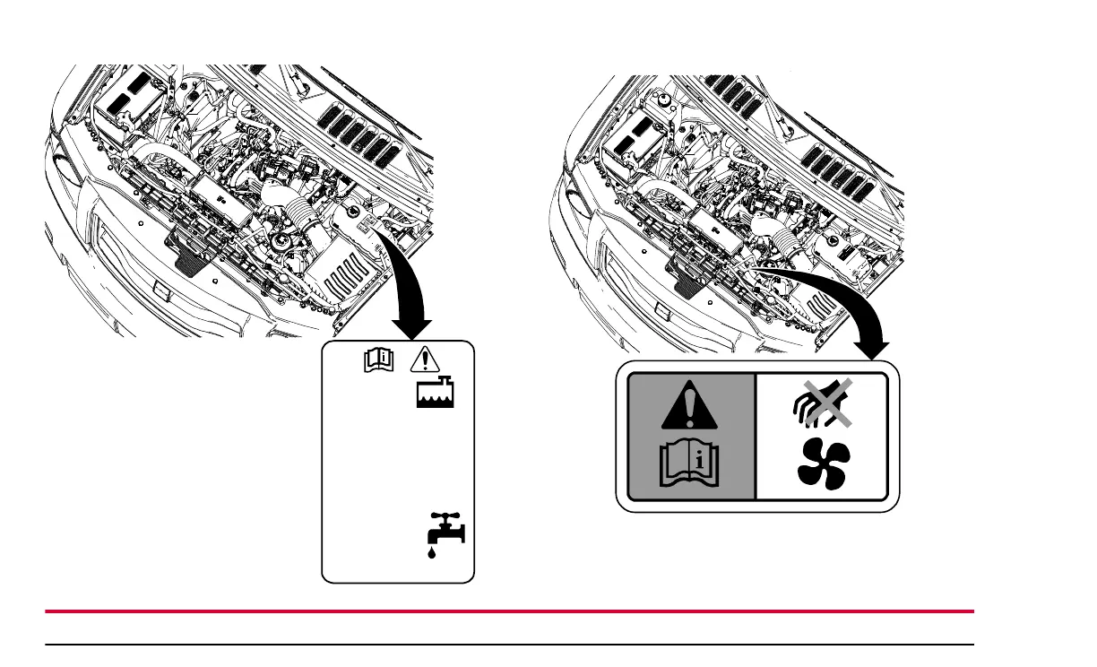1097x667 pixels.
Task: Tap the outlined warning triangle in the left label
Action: (422, 360)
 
